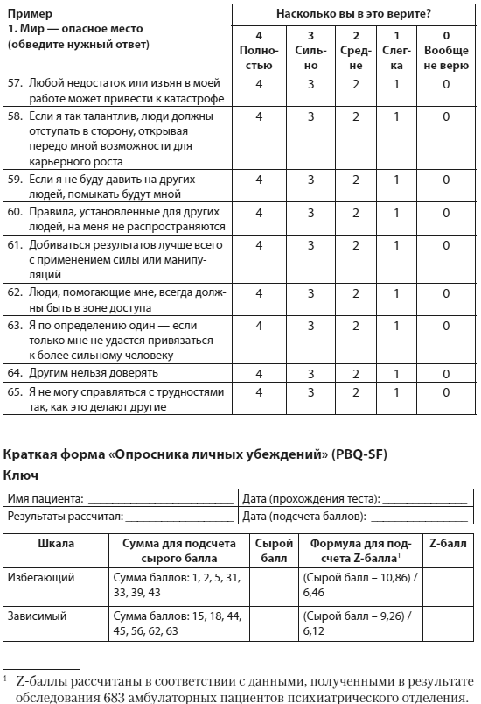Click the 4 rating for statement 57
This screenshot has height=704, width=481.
259,84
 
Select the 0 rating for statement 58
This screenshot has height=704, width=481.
446,116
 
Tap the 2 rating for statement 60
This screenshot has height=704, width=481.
356,212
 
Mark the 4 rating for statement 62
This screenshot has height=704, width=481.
259,292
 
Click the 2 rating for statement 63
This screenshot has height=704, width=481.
356,325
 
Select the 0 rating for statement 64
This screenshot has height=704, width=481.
446,373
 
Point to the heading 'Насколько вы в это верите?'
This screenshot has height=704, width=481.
353,13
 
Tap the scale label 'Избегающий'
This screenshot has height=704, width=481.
41,577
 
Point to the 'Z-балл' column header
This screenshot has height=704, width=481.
449,543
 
